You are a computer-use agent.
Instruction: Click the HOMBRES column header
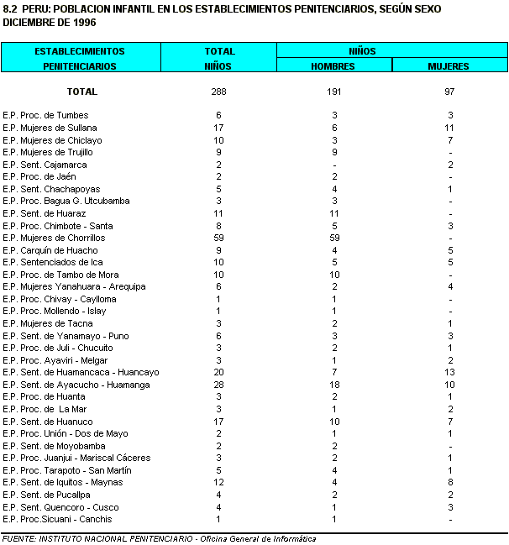[333, 65]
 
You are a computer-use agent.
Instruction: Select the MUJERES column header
[449, 65]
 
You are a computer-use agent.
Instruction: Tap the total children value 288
[218, 92]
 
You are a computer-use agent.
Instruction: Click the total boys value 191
[333, 92]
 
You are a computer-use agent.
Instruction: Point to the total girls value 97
[450, 92]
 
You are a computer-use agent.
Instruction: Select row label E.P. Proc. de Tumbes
[45, 115]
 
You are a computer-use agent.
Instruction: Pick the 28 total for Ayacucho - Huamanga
[218, 385]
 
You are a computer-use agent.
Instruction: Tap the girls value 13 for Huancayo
[450, 373]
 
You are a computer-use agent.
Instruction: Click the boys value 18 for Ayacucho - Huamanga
[333, 385]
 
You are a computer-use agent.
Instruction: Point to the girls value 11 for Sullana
[450, 128]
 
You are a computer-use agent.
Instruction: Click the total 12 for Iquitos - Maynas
[218, 482]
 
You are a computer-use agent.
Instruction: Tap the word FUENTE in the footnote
[18, 538]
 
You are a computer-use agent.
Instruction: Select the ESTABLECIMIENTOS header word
[80, 51]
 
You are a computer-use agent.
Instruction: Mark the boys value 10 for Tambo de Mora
[333, 275]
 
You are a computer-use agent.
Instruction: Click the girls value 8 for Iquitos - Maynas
[450, 482]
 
